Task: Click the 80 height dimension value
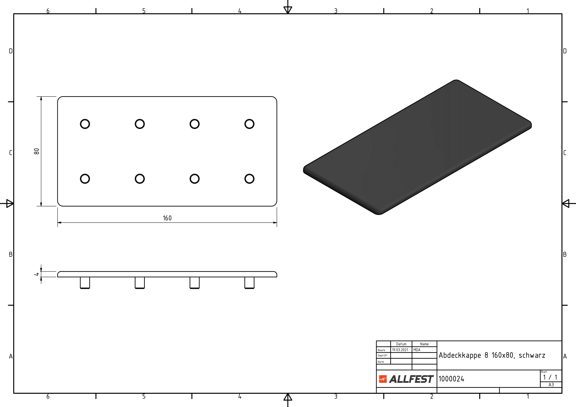pyautogui.click(x=37, y=151)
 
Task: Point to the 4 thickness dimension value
pyautogui.click(x=37, y=274)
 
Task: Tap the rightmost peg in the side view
pyautogui.click(x=249, y=283)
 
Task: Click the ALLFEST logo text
pyautogui.click(x=411, y=379)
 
